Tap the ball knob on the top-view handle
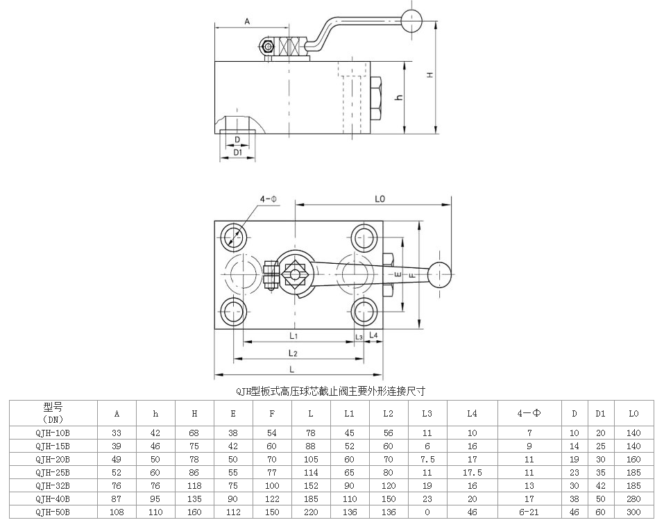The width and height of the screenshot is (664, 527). pyautogui.click(x=439, y=274)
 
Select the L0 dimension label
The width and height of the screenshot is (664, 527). pyautogui.click(x=380, y=199)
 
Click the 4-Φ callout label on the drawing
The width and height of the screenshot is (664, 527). pyautogui.click(x=269, y=199)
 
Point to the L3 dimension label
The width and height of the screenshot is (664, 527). pyautogui.click(x=359, y=337)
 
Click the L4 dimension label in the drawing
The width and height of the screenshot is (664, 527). pyautogui.click(x=374, y=335)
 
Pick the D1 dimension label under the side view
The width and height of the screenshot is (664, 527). pyautogui.click(x=237, y=151)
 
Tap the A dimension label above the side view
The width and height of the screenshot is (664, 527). pyautogui.click(x=246, y=22)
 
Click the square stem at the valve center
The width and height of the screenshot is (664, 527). pyautogui.click(x=296, y=274)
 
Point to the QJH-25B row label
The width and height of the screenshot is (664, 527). pyautogui.click(x=53, y=472)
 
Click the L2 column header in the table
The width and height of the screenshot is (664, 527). pyautogui.click(x=388, y=414)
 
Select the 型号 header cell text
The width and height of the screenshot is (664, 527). pyautogui.click(x=53, y=408)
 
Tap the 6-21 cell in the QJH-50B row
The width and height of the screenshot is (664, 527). pyautogui.click(x=529, y=512)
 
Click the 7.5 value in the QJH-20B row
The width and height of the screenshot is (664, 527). pyautogui.click(x=427, y=459)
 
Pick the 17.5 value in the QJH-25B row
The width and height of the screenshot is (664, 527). pyautogui.click(x=472, y=472)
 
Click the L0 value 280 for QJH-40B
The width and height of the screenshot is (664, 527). pyautogui.click(x=633, y=499)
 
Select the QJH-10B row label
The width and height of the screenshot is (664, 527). pyautogui.click(x=53, y=433)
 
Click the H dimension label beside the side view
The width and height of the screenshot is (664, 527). pyautogui.click(x=430, y=75)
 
